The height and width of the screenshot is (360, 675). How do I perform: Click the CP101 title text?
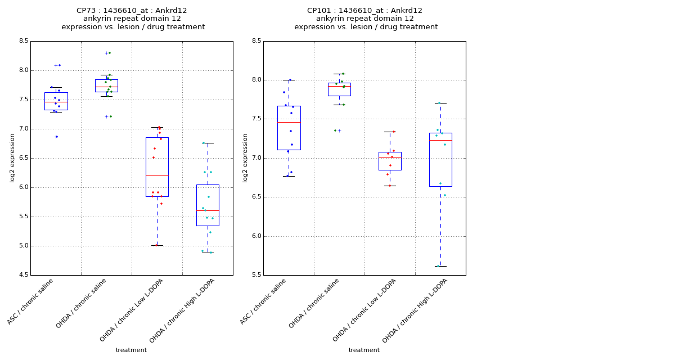click(x=364, y=11)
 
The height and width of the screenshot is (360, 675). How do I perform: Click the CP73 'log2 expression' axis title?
click(x=12, y=157)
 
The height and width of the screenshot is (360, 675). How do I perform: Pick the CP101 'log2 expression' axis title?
click(x=245, y=157)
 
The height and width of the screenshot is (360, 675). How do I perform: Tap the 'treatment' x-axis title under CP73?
click(x=131, y=350)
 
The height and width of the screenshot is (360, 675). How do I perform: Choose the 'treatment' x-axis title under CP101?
click(x=364, y=350)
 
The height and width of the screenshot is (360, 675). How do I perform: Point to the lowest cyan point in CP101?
click(x=438, y=266)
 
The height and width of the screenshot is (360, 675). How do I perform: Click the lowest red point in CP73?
click(x=156, y=245)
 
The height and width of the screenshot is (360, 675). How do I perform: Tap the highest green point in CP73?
click(x=109, y=53)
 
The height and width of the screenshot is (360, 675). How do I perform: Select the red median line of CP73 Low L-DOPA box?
click(x=157, y=175)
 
